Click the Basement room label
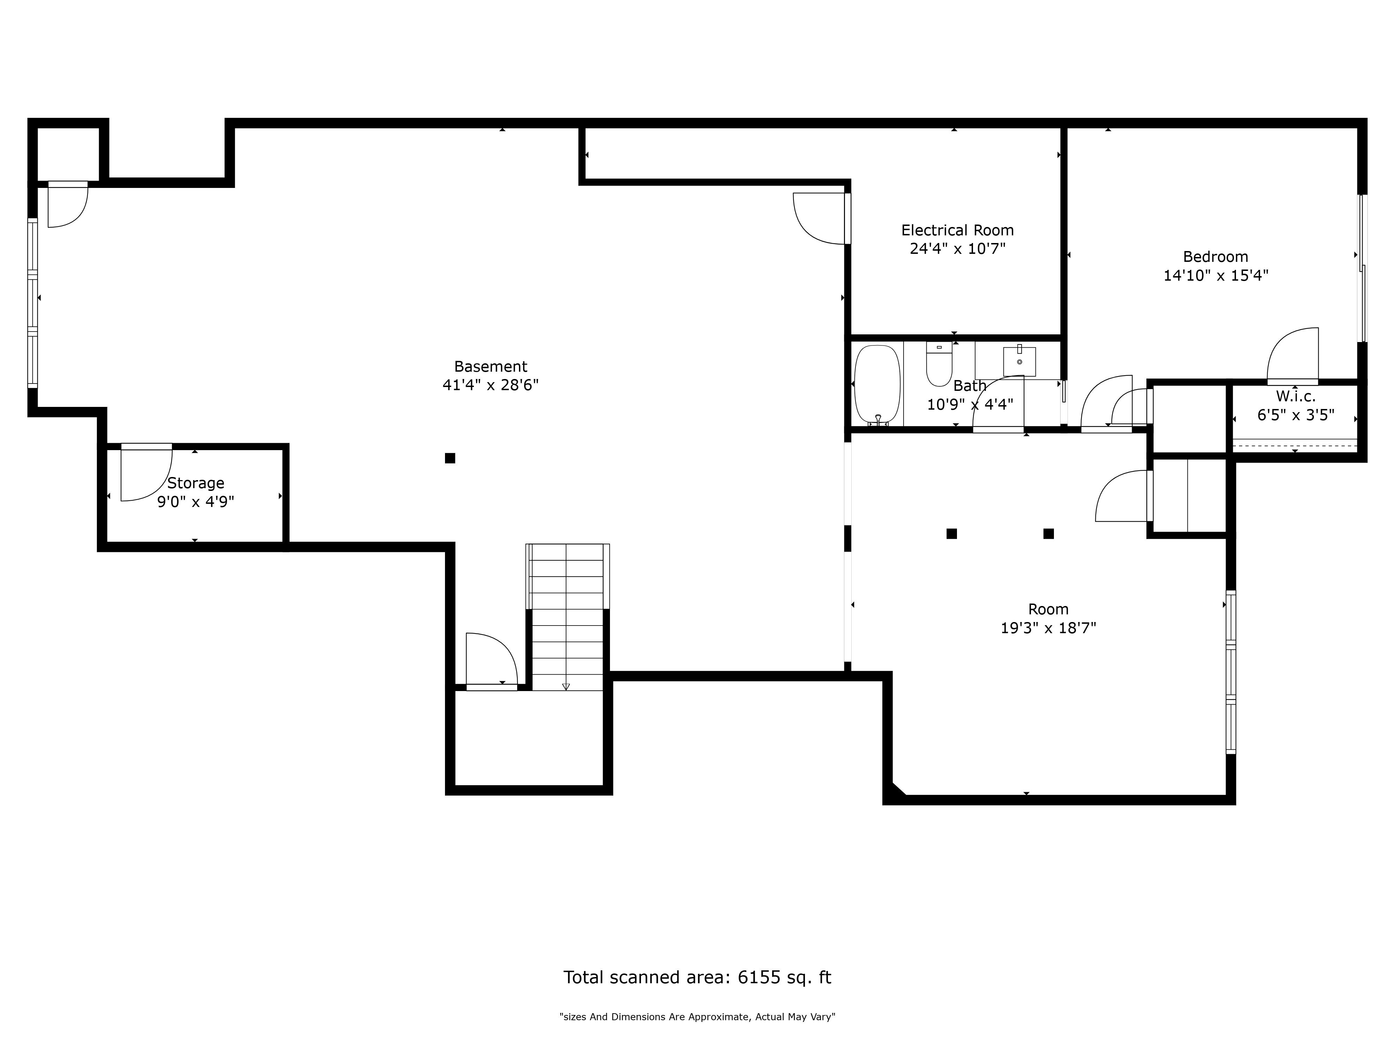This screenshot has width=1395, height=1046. [491, 366]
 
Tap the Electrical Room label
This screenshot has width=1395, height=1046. [957, 230]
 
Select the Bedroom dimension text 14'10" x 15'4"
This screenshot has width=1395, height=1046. [1215, 275]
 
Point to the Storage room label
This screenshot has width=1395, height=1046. [196, 483]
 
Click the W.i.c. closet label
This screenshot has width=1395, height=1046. [1295, 396]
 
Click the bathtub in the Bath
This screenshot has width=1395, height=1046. [877, 385]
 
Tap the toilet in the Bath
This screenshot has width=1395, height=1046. [939, 364]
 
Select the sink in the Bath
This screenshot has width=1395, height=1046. [1019, 361]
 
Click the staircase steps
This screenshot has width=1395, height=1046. [567, 617]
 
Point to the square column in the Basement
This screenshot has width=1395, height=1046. [450, 458]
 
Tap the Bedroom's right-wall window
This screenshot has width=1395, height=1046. [1362, 268]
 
